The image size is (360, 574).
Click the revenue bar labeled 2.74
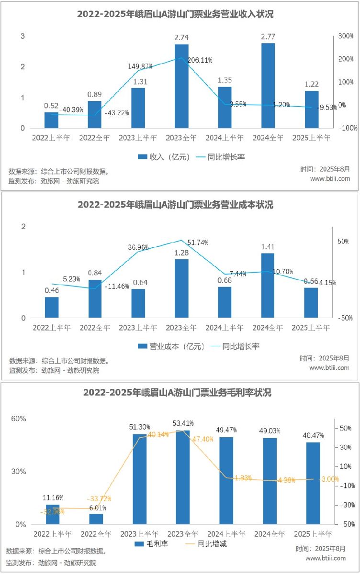tap(181, 86)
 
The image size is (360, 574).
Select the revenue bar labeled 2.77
tap(268, 86)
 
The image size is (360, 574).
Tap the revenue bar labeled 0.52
tap(51, 120)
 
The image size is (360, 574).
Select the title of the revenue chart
tap(175, 14)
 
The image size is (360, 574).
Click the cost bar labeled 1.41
tap(268, 286)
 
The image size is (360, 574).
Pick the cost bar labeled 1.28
tap(181, 288)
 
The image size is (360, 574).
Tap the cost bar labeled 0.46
tap(52, 308)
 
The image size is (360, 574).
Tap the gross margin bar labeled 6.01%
tap(96, 519)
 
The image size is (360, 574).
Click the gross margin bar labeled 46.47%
tap(313, 483)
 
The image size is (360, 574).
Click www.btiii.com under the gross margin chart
tap(326, 558)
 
